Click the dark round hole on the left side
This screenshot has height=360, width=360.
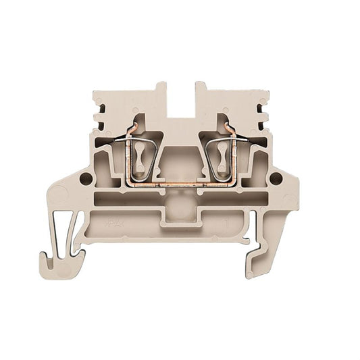[86, 179]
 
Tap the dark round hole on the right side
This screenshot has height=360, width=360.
[276, 179]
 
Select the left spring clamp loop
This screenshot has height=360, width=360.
[140, 159]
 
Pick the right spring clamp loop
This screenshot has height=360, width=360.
[222, 159]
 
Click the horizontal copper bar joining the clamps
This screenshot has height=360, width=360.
[180, 183]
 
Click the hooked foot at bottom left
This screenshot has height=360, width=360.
[61, 265]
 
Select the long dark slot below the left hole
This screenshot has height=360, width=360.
[128, 199]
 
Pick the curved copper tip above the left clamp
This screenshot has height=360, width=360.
[135, 125]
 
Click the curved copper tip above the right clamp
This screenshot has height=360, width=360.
[228, 125]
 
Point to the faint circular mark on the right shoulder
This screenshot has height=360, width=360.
[289, 200]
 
